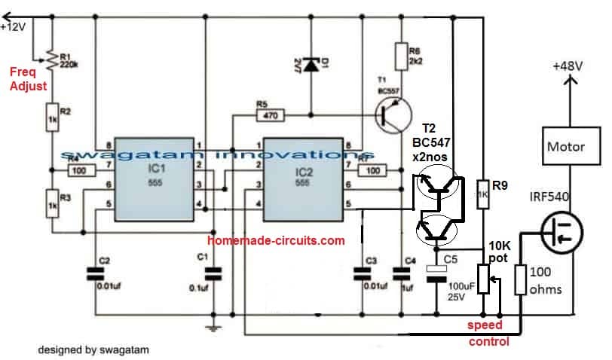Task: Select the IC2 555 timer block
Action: click(302, 178)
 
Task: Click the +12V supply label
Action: click(14, 27)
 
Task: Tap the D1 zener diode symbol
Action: click(311, 64)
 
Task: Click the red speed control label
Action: click(490, 334)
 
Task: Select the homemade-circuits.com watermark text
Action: click(276, 241)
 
